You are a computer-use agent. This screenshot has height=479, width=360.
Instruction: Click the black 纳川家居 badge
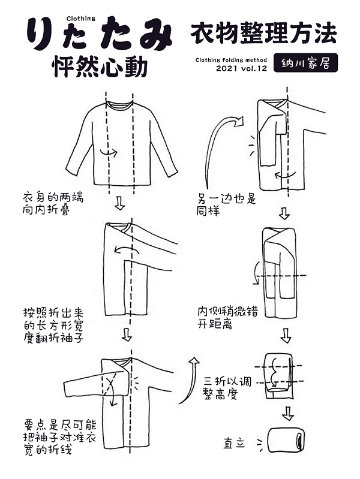click(305, 63)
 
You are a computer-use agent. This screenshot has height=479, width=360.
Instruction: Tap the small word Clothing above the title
click(81, 19)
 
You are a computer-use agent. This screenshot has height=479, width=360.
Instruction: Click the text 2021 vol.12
click(242, 68)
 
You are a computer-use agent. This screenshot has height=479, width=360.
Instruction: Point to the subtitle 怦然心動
click(100, 67)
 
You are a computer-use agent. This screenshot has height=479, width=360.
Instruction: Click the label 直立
click(234, 443)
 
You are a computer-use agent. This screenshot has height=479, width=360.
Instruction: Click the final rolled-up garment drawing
click(286, 440)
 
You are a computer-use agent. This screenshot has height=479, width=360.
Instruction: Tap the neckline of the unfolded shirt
click(119, 104)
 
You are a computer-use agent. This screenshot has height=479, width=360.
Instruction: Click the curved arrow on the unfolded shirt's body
click(109, 152)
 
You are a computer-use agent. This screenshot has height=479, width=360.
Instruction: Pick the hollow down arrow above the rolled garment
click(287, 413)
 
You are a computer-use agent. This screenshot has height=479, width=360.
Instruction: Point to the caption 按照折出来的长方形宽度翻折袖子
click(53, 326)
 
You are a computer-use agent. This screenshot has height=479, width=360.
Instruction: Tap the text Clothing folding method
click(231, 60)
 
